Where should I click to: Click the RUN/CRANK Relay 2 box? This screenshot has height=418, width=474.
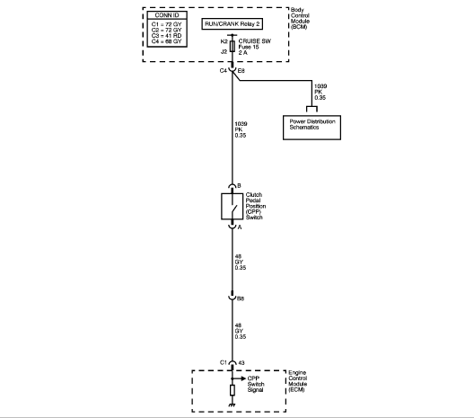[x=233, y=24]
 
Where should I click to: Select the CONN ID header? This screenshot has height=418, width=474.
[x=167, y=15]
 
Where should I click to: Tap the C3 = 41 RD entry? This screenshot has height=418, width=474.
[x=167, y=36]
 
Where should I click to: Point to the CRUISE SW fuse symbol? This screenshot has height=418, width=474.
[x=233, y=47]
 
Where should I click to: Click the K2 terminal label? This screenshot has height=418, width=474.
[x=224, y=41]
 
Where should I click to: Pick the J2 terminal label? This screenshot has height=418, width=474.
[x=224, y=52]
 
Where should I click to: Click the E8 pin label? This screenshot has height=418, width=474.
[x=241, y=71]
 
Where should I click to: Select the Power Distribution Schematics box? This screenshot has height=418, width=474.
[x=312, y=128]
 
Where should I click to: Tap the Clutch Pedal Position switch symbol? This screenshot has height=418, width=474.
[x=233, y=207]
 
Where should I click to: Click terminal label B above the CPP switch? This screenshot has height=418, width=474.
[x=239, y=185]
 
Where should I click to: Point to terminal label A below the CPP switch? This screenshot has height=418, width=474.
[x=240, y=227]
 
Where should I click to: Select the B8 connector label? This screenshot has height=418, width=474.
[x=241, y=298]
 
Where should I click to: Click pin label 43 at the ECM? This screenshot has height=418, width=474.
[x=241, y=362]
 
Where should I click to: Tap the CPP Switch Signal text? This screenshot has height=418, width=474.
[x=256, y=384]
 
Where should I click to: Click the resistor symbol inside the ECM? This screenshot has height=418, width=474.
[x=233, y=390]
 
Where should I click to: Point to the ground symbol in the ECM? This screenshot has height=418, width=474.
[x=233, y=405]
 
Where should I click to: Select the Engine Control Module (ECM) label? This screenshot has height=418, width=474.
[x=298, y=381]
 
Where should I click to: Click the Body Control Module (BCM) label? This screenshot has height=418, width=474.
[x=300, y=19]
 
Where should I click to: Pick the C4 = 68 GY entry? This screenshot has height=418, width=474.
[x=167, y=41]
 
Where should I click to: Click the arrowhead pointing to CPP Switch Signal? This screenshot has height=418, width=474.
[x=243, y=378]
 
